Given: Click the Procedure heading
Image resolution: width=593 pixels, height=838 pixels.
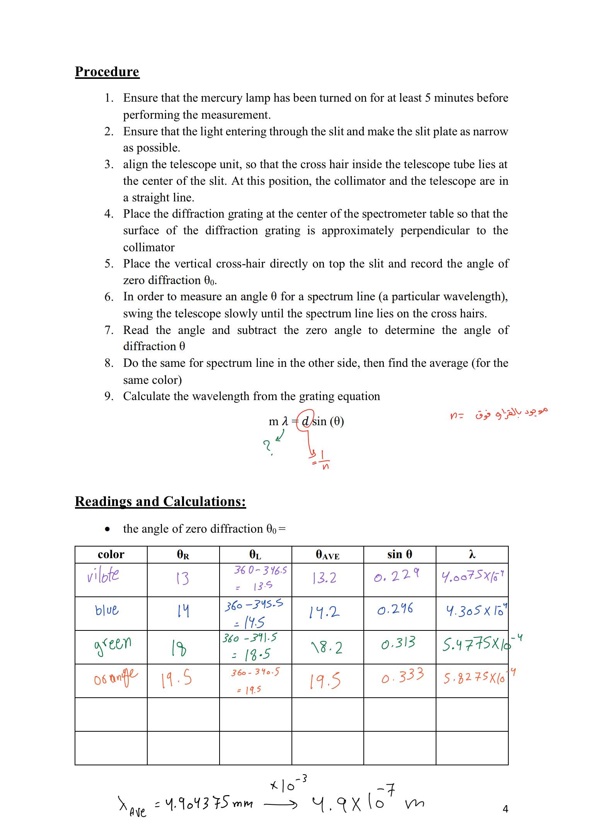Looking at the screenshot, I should click(x=107, y=72).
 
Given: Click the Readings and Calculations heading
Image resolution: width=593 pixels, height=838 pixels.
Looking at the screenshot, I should click(x=160, y=501).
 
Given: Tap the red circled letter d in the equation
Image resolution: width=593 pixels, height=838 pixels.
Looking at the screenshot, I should click(x=305, y=421).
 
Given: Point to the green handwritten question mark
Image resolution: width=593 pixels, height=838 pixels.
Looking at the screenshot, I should click(x=267, y=446).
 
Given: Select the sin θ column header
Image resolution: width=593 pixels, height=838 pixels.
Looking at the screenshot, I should click(x=399, y=554).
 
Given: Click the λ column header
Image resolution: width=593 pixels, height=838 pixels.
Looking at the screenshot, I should click(x=472, y=554).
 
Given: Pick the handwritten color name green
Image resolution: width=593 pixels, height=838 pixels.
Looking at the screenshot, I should click(x=112, y=644).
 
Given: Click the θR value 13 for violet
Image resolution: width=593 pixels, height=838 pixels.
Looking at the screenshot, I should click(x=182, y=578).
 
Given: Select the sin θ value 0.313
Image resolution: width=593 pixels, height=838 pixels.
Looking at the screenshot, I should click(x=398, y=643).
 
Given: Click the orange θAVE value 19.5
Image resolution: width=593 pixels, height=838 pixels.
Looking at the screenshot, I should click(x=325, y=680).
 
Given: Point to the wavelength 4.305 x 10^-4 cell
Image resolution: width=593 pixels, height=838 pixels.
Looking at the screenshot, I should click(x=475, y=611).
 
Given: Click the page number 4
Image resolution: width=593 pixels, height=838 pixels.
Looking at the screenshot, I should click(x=505, y=809).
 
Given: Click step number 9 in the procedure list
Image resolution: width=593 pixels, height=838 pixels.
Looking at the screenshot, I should click(x=109, y=396).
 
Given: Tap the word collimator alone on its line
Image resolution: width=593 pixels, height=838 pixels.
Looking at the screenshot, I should click(x=149, y=247).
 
